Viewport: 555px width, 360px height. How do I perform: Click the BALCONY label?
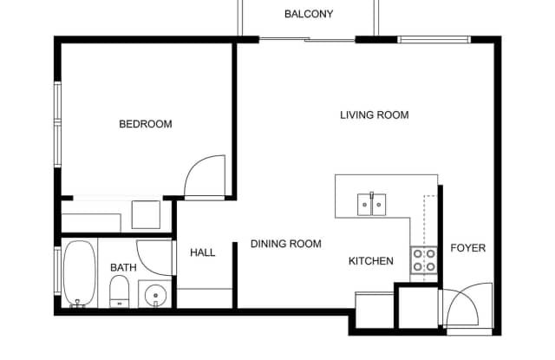(x=309, y=14)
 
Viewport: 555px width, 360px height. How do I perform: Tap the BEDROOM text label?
(x=146, y=124)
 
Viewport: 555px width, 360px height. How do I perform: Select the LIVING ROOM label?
(x=375, y=115)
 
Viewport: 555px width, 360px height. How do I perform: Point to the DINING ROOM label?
(x=286, y=244)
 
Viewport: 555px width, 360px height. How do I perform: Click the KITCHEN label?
(x=371, y=261)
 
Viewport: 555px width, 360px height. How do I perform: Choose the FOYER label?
(x=468, y=248)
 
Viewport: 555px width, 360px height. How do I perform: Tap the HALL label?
(x=202, y=252)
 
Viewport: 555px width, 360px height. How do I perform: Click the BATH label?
(x=123, y=267)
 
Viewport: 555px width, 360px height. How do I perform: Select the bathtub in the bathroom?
(x=80, y=273)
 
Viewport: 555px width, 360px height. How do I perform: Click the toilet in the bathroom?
(x=120, y=291)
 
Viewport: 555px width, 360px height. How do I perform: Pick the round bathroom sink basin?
(x=155, y=295)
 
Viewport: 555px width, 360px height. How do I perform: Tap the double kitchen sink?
(x=371, y=204)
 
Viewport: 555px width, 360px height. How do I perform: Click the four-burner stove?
(x=424, y=260)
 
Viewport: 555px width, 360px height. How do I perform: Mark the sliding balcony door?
(x=307, y=39)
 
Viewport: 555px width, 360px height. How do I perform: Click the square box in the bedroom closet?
(x=146, y=214)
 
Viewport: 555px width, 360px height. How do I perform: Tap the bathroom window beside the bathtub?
(x=58, y=271)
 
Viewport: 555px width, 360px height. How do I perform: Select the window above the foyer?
(x=434, y=39)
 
